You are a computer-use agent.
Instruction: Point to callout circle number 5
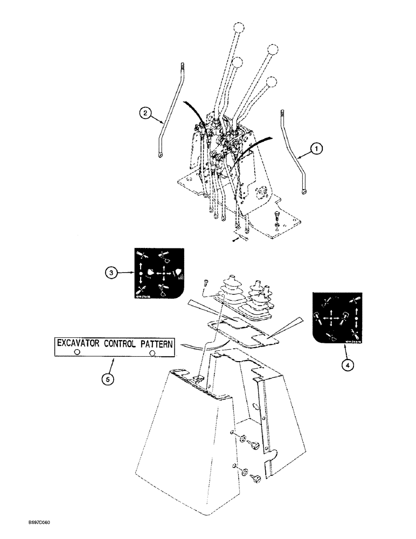[108, 379]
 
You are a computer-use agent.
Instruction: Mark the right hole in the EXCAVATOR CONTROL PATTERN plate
[154, 353]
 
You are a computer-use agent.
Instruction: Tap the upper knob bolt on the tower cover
[255, 445]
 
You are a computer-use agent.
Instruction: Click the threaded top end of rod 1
[282, 114]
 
